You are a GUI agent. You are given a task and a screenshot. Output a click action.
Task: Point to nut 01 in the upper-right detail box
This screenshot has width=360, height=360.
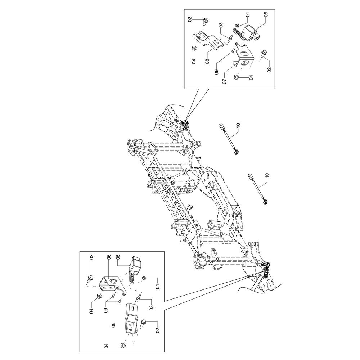[x=238, y=25]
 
